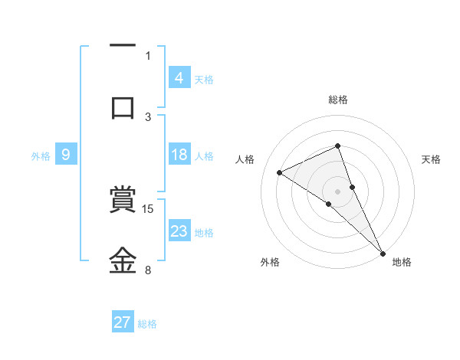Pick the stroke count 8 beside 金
coord(148,270)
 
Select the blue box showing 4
coord(179,77)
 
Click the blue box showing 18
coord(179,155)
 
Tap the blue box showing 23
coord(179,231)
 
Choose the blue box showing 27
coord(123,322)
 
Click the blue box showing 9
coord(66,155)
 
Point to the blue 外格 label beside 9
coord(41,155)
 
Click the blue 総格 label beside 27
coord(147,323)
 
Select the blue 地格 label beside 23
coord(204,232)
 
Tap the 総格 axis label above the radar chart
coord(338,100)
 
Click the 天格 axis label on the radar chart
coord(431,159)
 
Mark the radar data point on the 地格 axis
coord(382,251)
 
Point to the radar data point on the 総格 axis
coord(338,146)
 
